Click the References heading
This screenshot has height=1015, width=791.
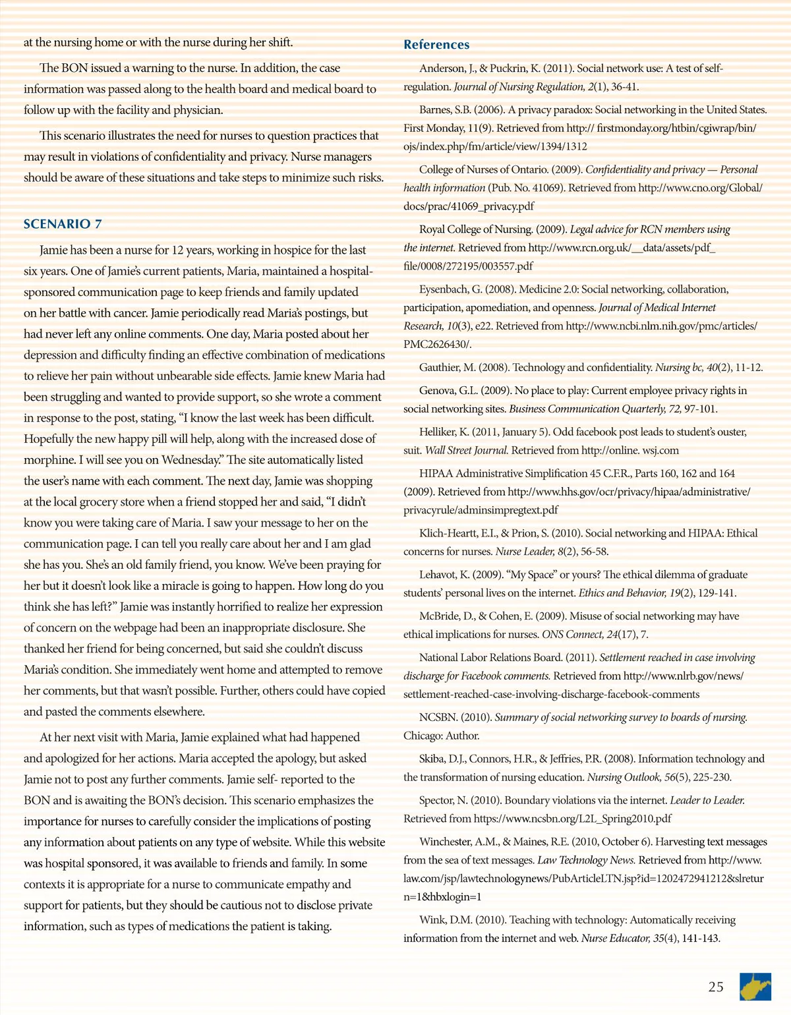(436, 45)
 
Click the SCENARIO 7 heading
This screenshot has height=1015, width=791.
(63, 224)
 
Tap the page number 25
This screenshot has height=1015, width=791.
(716, 987)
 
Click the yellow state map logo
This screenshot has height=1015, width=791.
(755, 987)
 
